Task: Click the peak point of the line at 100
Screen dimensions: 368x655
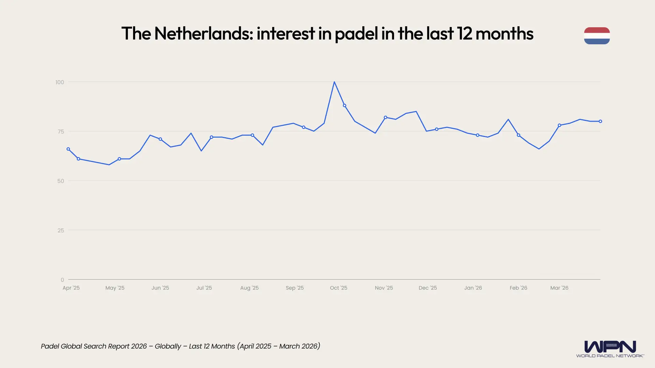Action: coord(334,82)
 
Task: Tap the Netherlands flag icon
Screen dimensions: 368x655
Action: coord(597,36)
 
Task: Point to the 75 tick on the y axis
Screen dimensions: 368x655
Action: coord(61,132)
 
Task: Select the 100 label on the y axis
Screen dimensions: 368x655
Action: coord(60,82)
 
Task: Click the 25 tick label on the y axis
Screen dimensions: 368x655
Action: coord(61,230)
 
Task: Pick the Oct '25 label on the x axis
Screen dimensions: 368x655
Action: coord(338,288)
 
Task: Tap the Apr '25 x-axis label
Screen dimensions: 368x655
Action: coord(71,288)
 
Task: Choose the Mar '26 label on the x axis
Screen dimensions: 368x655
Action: coord(559,288)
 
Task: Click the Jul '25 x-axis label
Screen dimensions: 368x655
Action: coord(204,288)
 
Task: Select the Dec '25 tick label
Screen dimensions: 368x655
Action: coord(427,288)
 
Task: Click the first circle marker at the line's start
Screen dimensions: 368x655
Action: coord(68,149)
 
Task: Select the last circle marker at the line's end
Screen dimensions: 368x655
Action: coord(600,121)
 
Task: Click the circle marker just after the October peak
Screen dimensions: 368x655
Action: coord(345,106)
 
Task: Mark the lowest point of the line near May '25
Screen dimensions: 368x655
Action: coord(109,165)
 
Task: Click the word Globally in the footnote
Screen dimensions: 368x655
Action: coord(168,346)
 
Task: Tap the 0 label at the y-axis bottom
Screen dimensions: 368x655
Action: coord(62,280)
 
